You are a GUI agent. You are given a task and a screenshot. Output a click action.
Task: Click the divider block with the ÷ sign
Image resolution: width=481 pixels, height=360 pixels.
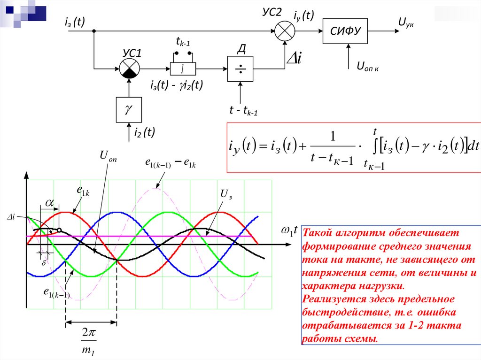click(240, 69)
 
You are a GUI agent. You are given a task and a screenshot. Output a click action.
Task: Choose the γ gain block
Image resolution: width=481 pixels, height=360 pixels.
click(129, 109)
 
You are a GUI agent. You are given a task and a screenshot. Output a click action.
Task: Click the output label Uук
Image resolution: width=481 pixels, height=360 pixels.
click(406, 22)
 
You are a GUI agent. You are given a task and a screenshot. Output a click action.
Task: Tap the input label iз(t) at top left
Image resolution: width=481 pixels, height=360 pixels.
click(75, 22)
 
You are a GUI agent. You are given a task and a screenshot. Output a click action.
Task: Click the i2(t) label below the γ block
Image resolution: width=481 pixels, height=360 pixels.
click(144, 133)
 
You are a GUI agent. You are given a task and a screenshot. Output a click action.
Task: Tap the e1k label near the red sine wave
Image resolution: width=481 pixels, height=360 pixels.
click(84, 190)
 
